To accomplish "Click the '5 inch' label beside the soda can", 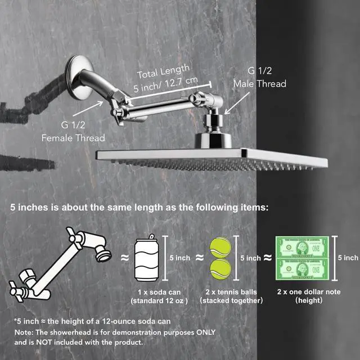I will (180, 258).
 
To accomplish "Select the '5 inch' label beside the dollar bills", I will (348, 258).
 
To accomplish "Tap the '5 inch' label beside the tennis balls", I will (250, 258).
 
